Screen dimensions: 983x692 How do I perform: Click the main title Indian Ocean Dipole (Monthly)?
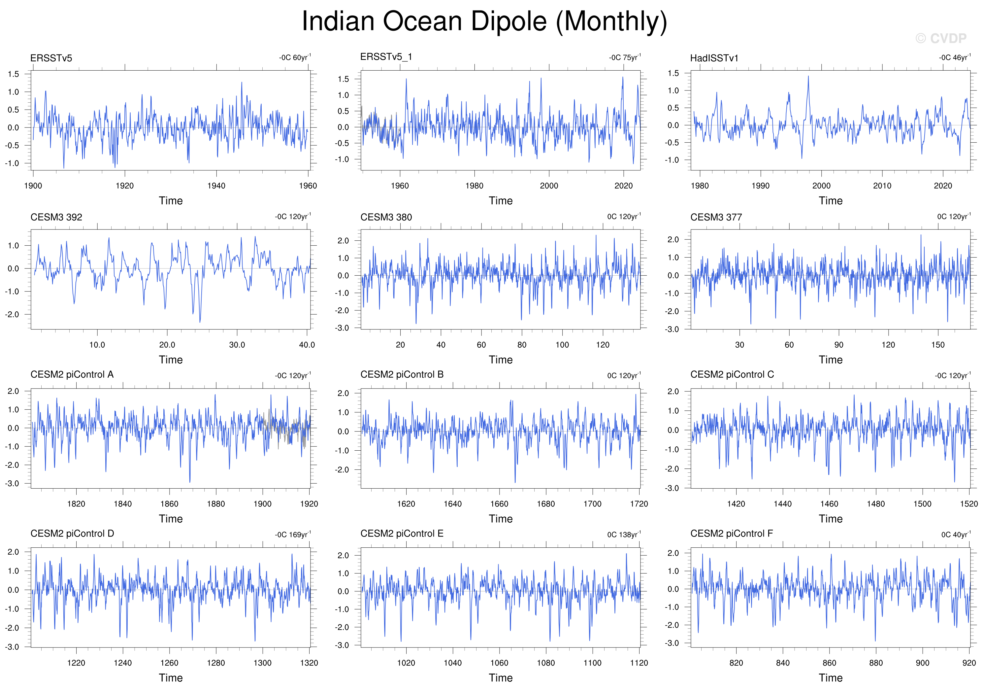click(x=484, y=21)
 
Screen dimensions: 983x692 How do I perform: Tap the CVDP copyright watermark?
click(x=941, y=39)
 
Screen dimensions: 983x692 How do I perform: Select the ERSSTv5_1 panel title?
click(x=386, y=56)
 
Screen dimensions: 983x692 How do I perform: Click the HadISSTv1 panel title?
click(x=714, y=58)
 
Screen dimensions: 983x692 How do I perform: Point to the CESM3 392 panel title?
click(x=56, y=217)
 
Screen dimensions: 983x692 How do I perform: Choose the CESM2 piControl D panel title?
click(x=72, y=534)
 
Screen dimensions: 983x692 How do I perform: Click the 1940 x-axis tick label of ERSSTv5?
click(x=216, y=186)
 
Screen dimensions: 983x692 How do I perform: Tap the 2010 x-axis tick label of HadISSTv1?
click(x=882, y=186)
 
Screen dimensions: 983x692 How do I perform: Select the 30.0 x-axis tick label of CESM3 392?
click(x=237, y=344)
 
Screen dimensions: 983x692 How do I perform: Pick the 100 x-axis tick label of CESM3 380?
click(x=562, y=344)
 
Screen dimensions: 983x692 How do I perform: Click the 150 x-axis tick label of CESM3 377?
click(x=937, y=344)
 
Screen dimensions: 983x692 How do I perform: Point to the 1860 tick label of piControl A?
click(x=169, y=503)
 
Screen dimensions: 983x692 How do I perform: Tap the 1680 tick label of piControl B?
click(x=546, y=503)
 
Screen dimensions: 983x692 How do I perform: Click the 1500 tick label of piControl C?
click(x=922, y=503)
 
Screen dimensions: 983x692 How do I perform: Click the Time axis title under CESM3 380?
click(x=501, y=360)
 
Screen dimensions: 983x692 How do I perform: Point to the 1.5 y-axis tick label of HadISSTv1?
click(x=673, y=73)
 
